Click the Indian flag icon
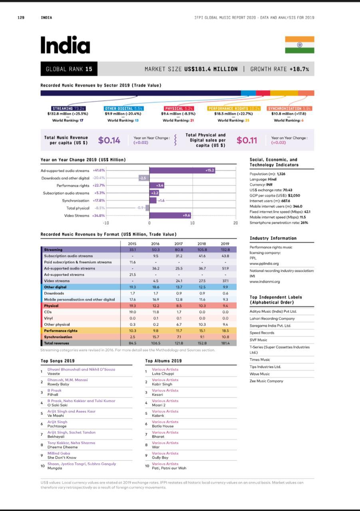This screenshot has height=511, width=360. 299,45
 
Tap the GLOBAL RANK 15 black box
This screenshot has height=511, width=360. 69,69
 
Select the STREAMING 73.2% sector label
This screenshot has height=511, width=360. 69,108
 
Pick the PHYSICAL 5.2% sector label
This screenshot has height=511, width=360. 179,108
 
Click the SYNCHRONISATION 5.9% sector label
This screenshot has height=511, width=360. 290,108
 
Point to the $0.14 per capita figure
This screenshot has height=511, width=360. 109,140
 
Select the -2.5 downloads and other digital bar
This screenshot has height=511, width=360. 144,178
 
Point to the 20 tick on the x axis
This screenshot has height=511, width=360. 236,223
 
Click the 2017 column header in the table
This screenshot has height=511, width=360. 179,244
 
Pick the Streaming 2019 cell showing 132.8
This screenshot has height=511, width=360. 225,250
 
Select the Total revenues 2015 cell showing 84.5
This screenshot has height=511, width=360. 132,343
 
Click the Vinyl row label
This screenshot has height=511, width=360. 48,318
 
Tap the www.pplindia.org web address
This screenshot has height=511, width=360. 264,263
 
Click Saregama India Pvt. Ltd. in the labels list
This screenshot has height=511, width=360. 270,326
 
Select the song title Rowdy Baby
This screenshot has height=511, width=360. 58,384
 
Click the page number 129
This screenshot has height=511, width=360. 21,18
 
